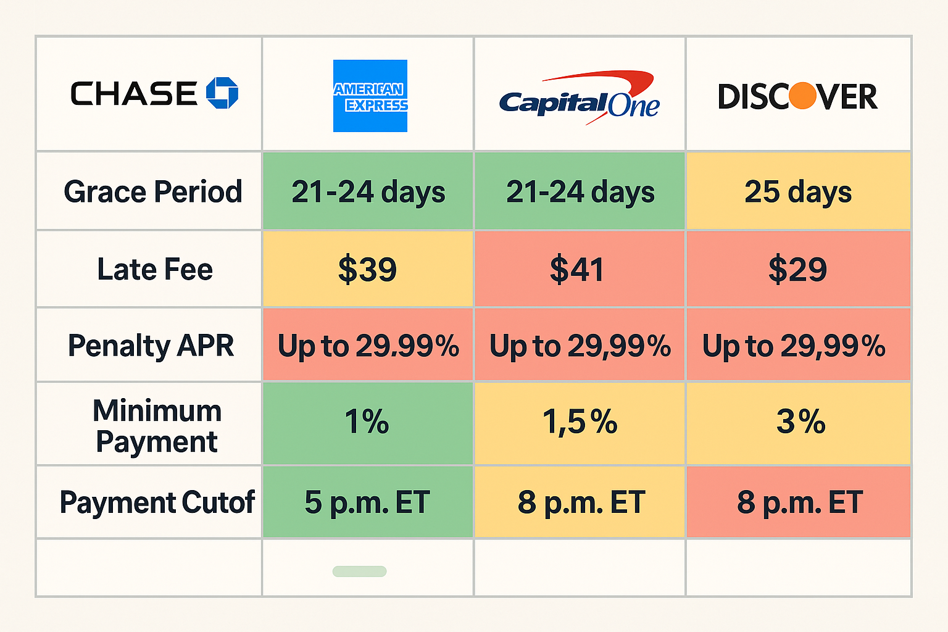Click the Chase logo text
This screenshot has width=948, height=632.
133,94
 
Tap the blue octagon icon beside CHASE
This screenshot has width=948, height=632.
222,93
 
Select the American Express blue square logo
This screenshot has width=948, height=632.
370,96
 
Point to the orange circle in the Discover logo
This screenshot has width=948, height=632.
802,96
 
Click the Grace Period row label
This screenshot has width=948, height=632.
152,191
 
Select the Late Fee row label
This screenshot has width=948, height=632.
155,269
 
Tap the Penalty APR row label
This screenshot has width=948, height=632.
151,345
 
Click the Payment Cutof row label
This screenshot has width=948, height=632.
157,502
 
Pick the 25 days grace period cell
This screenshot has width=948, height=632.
798,191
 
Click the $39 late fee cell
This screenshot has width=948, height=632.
367,269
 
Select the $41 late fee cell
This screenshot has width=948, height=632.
578,269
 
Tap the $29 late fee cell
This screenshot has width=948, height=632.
797,269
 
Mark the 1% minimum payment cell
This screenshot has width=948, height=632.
367,423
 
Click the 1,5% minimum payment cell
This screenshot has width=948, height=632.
580,423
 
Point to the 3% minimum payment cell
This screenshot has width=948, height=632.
800,423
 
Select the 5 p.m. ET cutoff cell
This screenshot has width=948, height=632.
367,502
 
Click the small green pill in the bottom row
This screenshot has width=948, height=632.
359,572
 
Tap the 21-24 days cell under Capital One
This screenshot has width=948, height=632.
580,191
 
